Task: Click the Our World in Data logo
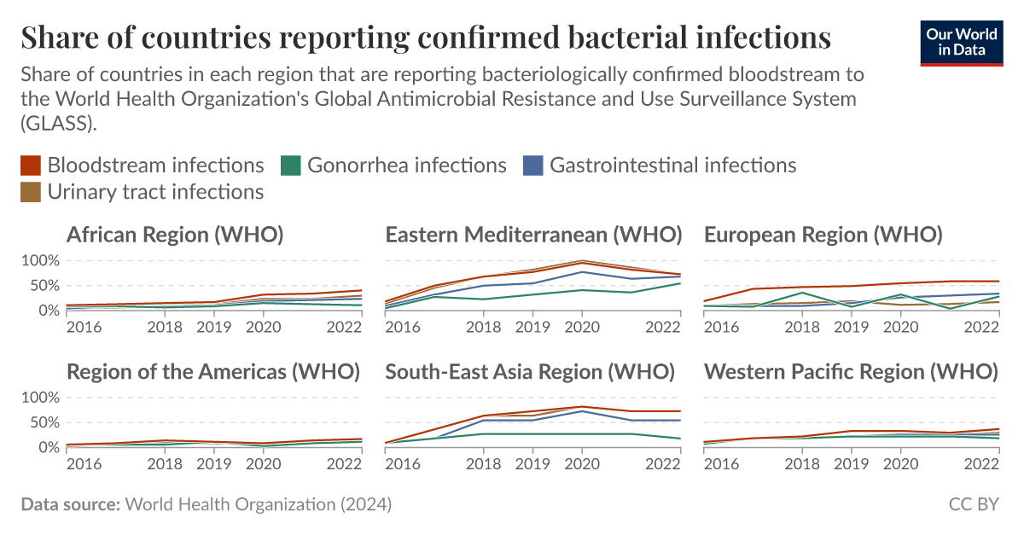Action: (x=962, y=42)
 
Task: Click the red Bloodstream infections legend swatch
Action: (x=32, y=165)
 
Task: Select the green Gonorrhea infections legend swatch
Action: (x=290, y=165)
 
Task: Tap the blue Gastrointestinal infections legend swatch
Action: (x=532, y=165)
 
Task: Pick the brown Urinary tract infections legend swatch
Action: (x=32, y=192)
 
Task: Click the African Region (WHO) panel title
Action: (x=175, y=235)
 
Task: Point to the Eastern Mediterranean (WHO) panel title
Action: (x=533, y=235)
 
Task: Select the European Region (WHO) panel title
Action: (x=823, y=235)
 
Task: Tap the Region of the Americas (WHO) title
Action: (x=213, y=372)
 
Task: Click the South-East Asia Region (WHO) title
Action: (x=530, y=372)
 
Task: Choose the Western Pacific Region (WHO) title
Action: (x=851, y=372)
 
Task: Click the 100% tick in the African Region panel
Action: (x=39, y=260)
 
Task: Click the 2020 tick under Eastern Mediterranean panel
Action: (x=582, y=327)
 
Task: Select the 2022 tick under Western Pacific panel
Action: (x=981, y=464)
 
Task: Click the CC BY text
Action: (x=973, y=505)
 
